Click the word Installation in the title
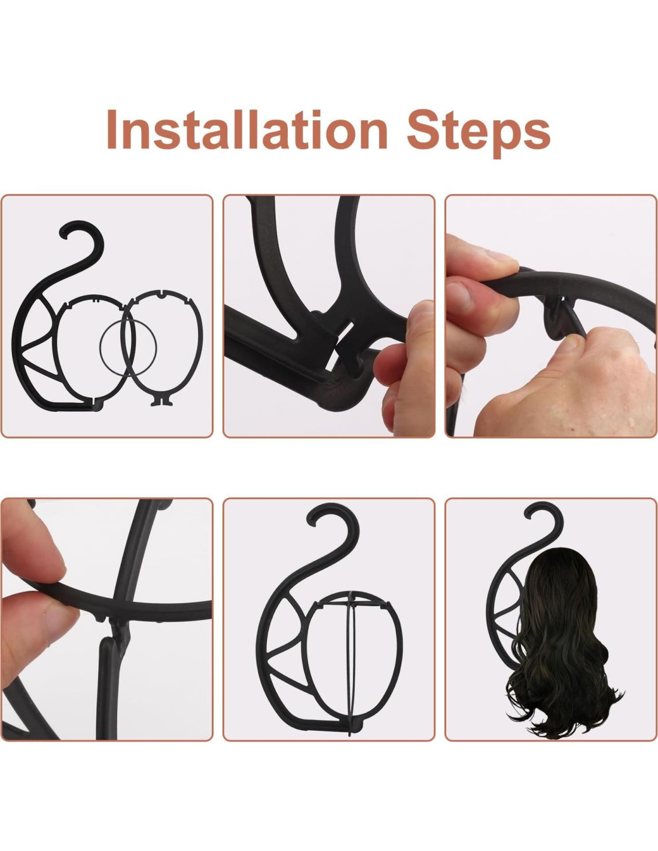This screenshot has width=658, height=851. (x=247, y=129)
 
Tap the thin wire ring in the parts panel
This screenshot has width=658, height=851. (x=128, y=347)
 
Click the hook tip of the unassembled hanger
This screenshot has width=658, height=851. (x=63, y=233)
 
